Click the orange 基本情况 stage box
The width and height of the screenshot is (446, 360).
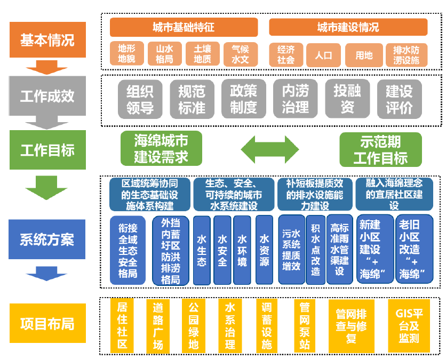point(47,39)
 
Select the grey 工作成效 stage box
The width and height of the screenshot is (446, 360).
point(47,95)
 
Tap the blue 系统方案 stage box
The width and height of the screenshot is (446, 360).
point(47,239)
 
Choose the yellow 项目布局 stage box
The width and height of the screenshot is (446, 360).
point(47,324)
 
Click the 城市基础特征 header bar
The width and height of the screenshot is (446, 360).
point(184,27)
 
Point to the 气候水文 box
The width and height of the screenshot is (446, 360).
point(240,54)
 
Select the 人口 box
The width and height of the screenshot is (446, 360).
point(324,54)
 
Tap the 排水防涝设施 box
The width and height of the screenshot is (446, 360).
point(407,54)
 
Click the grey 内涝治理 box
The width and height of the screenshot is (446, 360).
point(295,99)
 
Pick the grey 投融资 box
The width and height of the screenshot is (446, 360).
point(347,99)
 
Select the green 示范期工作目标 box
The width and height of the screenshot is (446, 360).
point(380,149)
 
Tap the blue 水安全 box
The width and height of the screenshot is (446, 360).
point(222,250)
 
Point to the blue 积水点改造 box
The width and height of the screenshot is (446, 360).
point(315,250)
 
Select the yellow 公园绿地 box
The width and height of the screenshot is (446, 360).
point(194,325)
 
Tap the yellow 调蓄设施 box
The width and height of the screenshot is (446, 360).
point(267,325)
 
